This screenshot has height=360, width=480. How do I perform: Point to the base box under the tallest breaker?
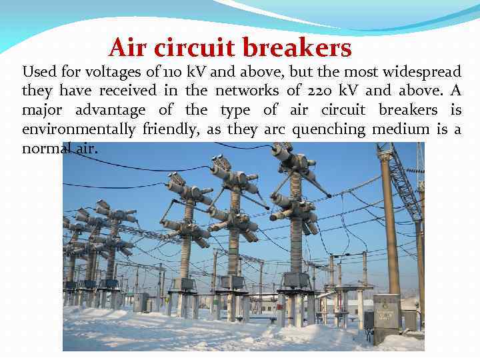point(295,280)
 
